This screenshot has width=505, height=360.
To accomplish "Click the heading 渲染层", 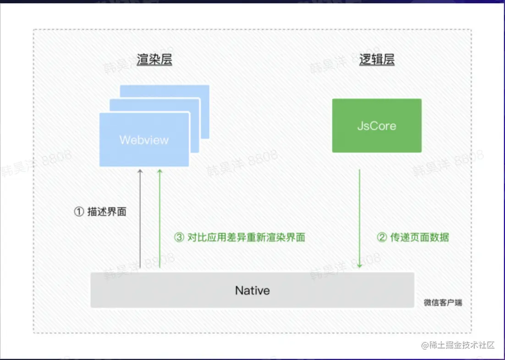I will click(x=154, y=60).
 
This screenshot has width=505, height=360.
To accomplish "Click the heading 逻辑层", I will click(x=377, y=60).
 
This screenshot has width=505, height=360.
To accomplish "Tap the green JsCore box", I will click(x=377, y=125).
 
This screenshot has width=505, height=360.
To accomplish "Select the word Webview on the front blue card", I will click(x=144, y=140).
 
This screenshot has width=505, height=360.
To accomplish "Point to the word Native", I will click(x=252, y=290).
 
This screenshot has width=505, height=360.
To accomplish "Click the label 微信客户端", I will click(x=443, y=303).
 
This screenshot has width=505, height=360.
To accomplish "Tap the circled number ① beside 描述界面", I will click(x=79, y=212).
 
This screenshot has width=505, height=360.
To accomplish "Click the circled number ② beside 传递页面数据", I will click(x=382, y=237).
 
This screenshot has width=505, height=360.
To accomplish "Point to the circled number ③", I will click(x=179, y=237).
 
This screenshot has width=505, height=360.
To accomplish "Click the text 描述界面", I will click(x=107, y=212).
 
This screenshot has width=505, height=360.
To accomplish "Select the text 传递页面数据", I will click(x=419, y=237).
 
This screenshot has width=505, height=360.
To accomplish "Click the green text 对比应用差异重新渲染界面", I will click(x=247, y=237).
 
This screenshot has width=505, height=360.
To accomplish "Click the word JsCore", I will click(x=377, y=126).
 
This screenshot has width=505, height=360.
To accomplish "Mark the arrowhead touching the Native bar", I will click(x=359, y=266).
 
